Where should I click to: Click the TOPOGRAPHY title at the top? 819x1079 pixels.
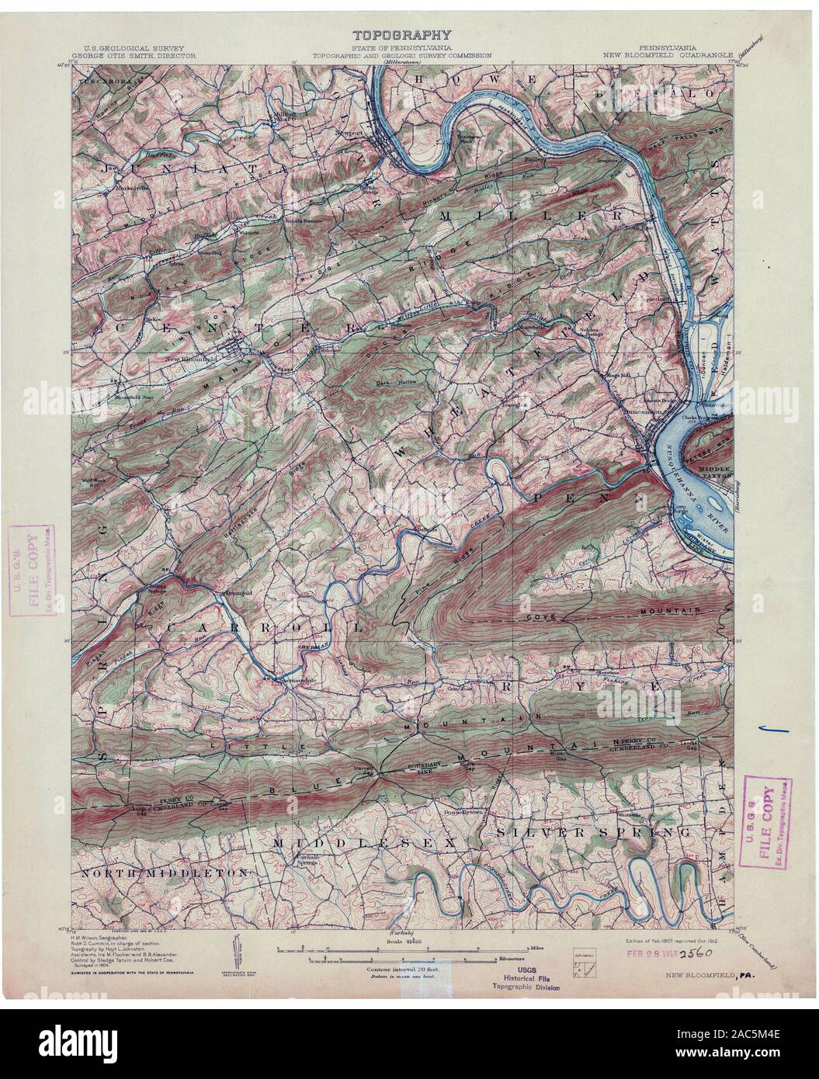pos(401,34)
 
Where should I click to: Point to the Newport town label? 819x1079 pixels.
pos(349,133)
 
